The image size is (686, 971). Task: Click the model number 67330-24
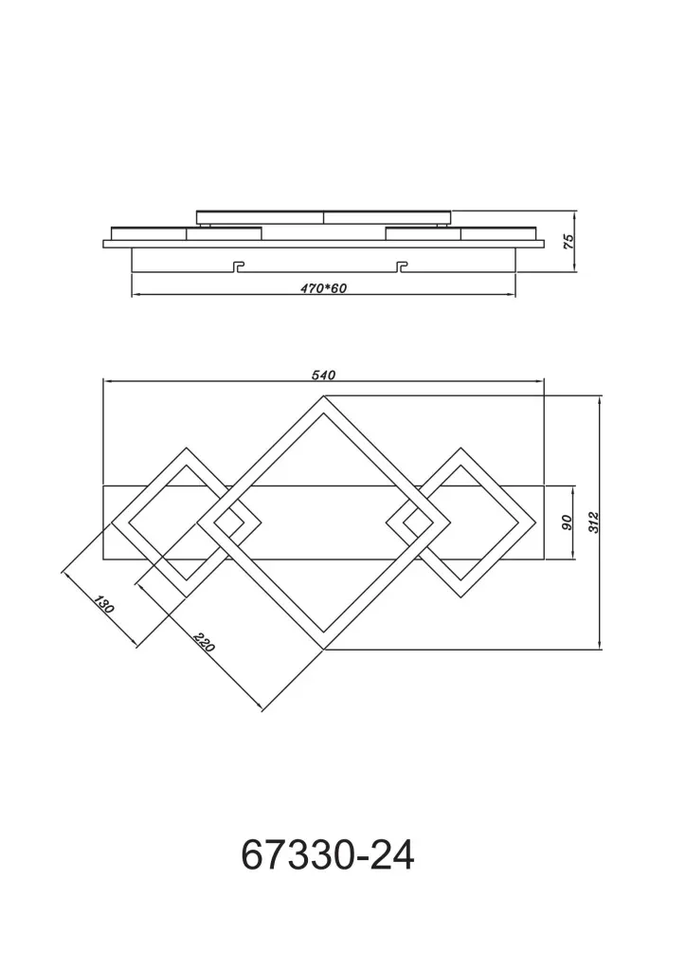(327, 855)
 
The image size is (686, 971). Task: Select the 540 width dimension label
(323, 376)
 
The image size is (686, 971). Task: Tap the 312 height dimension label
(593, 523)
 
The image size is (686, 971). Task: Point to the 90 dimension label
(568, 522)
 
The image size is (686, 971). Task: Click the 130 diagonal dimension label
(104, 604)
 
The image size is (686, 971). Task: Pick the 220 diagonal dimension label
(204, 642)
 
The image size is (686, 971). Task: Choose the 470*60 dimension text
(323, 288)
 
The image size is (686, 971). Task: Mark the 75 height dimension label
(569, 241)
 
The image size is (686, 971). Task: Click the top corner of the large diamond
(323, 395)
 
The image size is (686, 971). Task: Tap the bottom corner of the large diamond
(323, 650)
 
